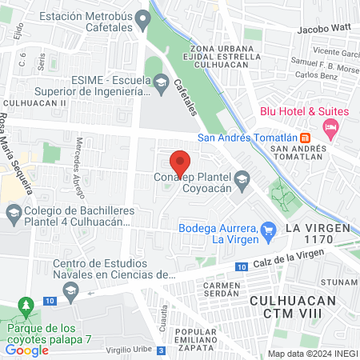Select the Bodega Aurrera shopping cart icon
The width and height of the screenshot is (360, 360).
[268, 230]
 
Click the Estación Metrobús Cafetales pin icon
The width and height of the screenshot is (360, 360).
[143, 18]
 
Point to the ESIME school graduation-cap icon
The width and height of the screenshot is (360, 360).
[161, 82]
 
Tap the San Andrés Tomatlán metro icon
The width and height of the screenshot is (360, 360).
[306, 137]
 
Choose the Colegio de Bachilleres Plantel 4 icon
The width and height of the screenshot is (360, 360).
[14, 213]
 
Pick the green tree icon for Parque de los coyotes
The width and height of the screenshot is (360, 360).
[27, 306]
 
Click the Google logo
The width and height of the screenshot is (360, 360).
[26, 350]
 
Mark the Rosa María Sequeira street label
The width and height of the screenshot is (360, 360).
[17, 156]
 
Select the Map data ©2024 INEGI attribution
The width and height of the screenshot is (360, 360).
[311, 354]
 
